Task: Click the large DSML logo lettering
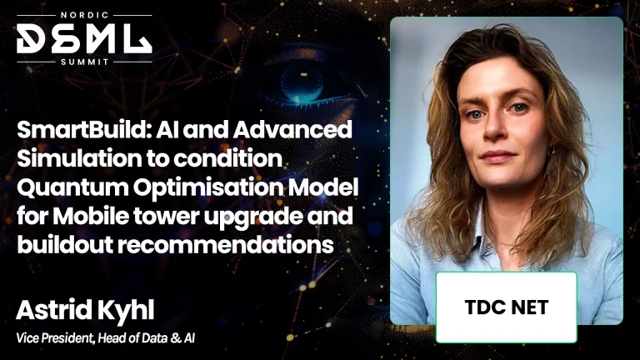tap(84, 38)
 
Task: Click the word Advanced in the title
tap(292, 130)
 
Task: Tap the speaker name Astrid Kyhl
tap(85, 311)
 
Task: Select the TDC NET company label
tap(506, 307)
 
